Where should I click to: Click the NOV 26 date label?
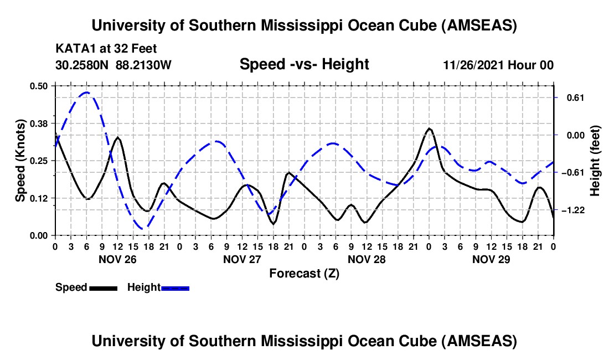click(x=117, y=259)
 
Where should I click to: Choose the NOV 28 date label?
click(x=367, y=259)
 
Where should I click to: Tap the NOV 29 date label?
click(x=491, y=259)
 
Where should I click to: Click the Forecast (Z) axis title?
click(x=304, y=273)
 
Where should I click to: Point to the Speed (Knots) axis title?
click(x=20, y=161)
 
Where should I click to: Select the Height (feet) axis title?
click(x=595, y=161)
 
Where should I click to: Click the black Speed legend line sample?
click(x=102, y=288)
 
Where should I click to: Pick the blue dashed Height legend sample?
click(x=175, y=288)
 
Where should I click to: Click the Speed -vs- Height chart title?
click(x=304, y=65)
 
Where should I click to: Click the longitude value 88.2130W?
click(x=144, y=65)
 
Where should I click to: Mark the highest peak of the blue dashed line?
click(x=86, y=92)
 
